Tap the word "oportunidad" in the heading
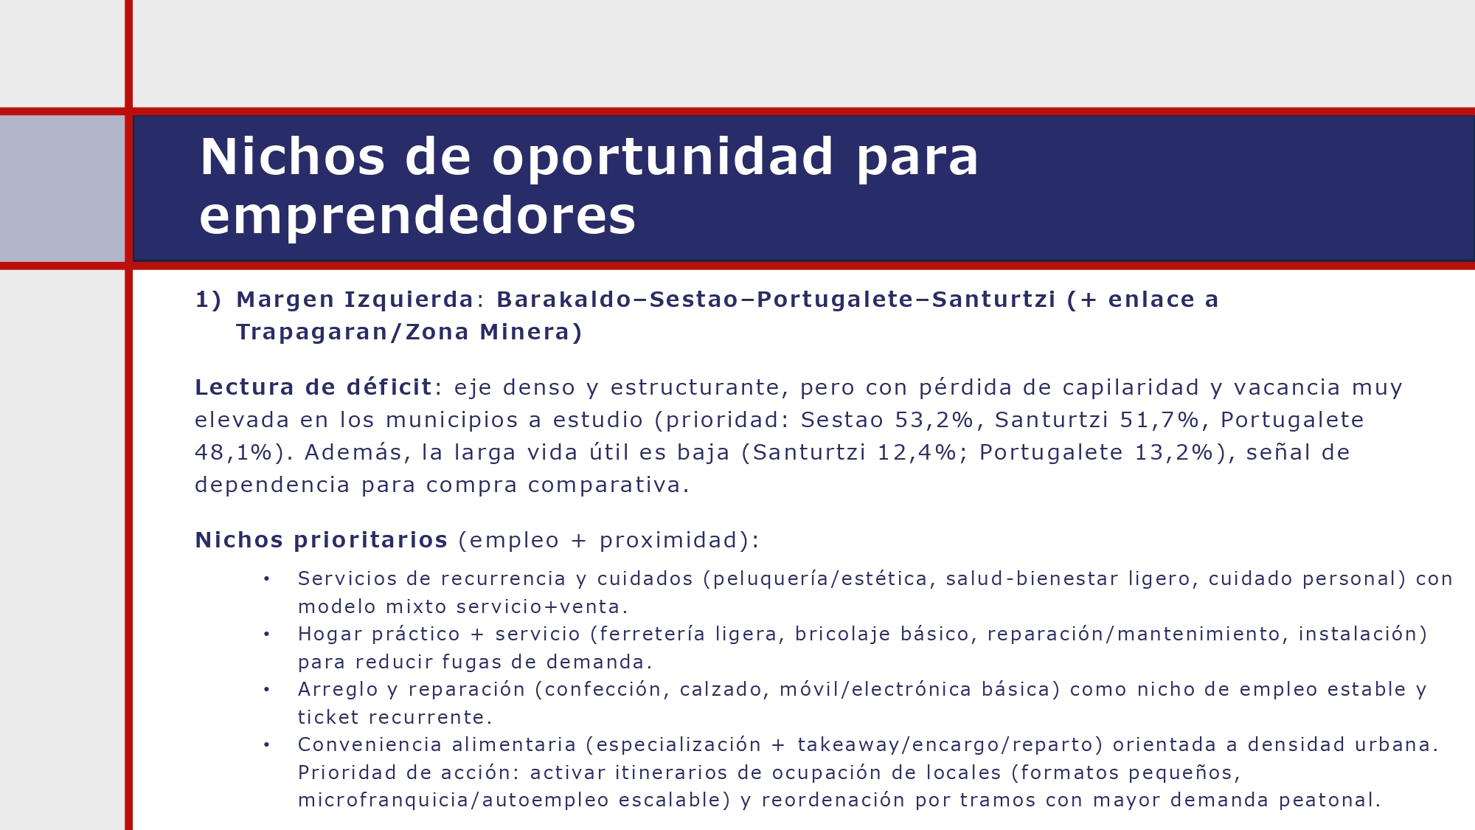point(662,157)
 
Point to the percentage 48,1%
point(233,452)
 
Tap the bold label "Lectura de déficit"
point(313,387)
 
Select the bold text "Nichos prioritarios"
point(321,540)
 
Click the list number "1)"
point(208,300)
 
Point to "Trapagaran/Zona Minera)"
point(409,332)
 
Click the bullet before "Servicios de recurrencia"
point(267,579)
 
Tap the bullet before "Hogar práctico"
point(267,634)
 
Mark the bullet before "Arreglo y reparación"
point(267,690)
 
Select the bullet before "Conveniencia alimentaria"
point(267,745)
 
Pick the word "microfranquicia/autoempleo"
point(454,800)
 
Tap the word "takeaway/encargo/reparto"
point(950,745)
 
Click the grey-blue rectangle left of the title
point(62,188)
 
